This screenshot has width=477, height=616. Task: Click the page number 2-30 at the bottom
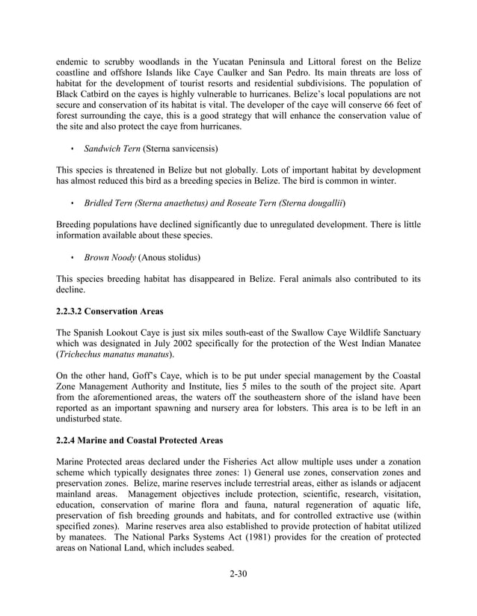pos(238,574)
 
